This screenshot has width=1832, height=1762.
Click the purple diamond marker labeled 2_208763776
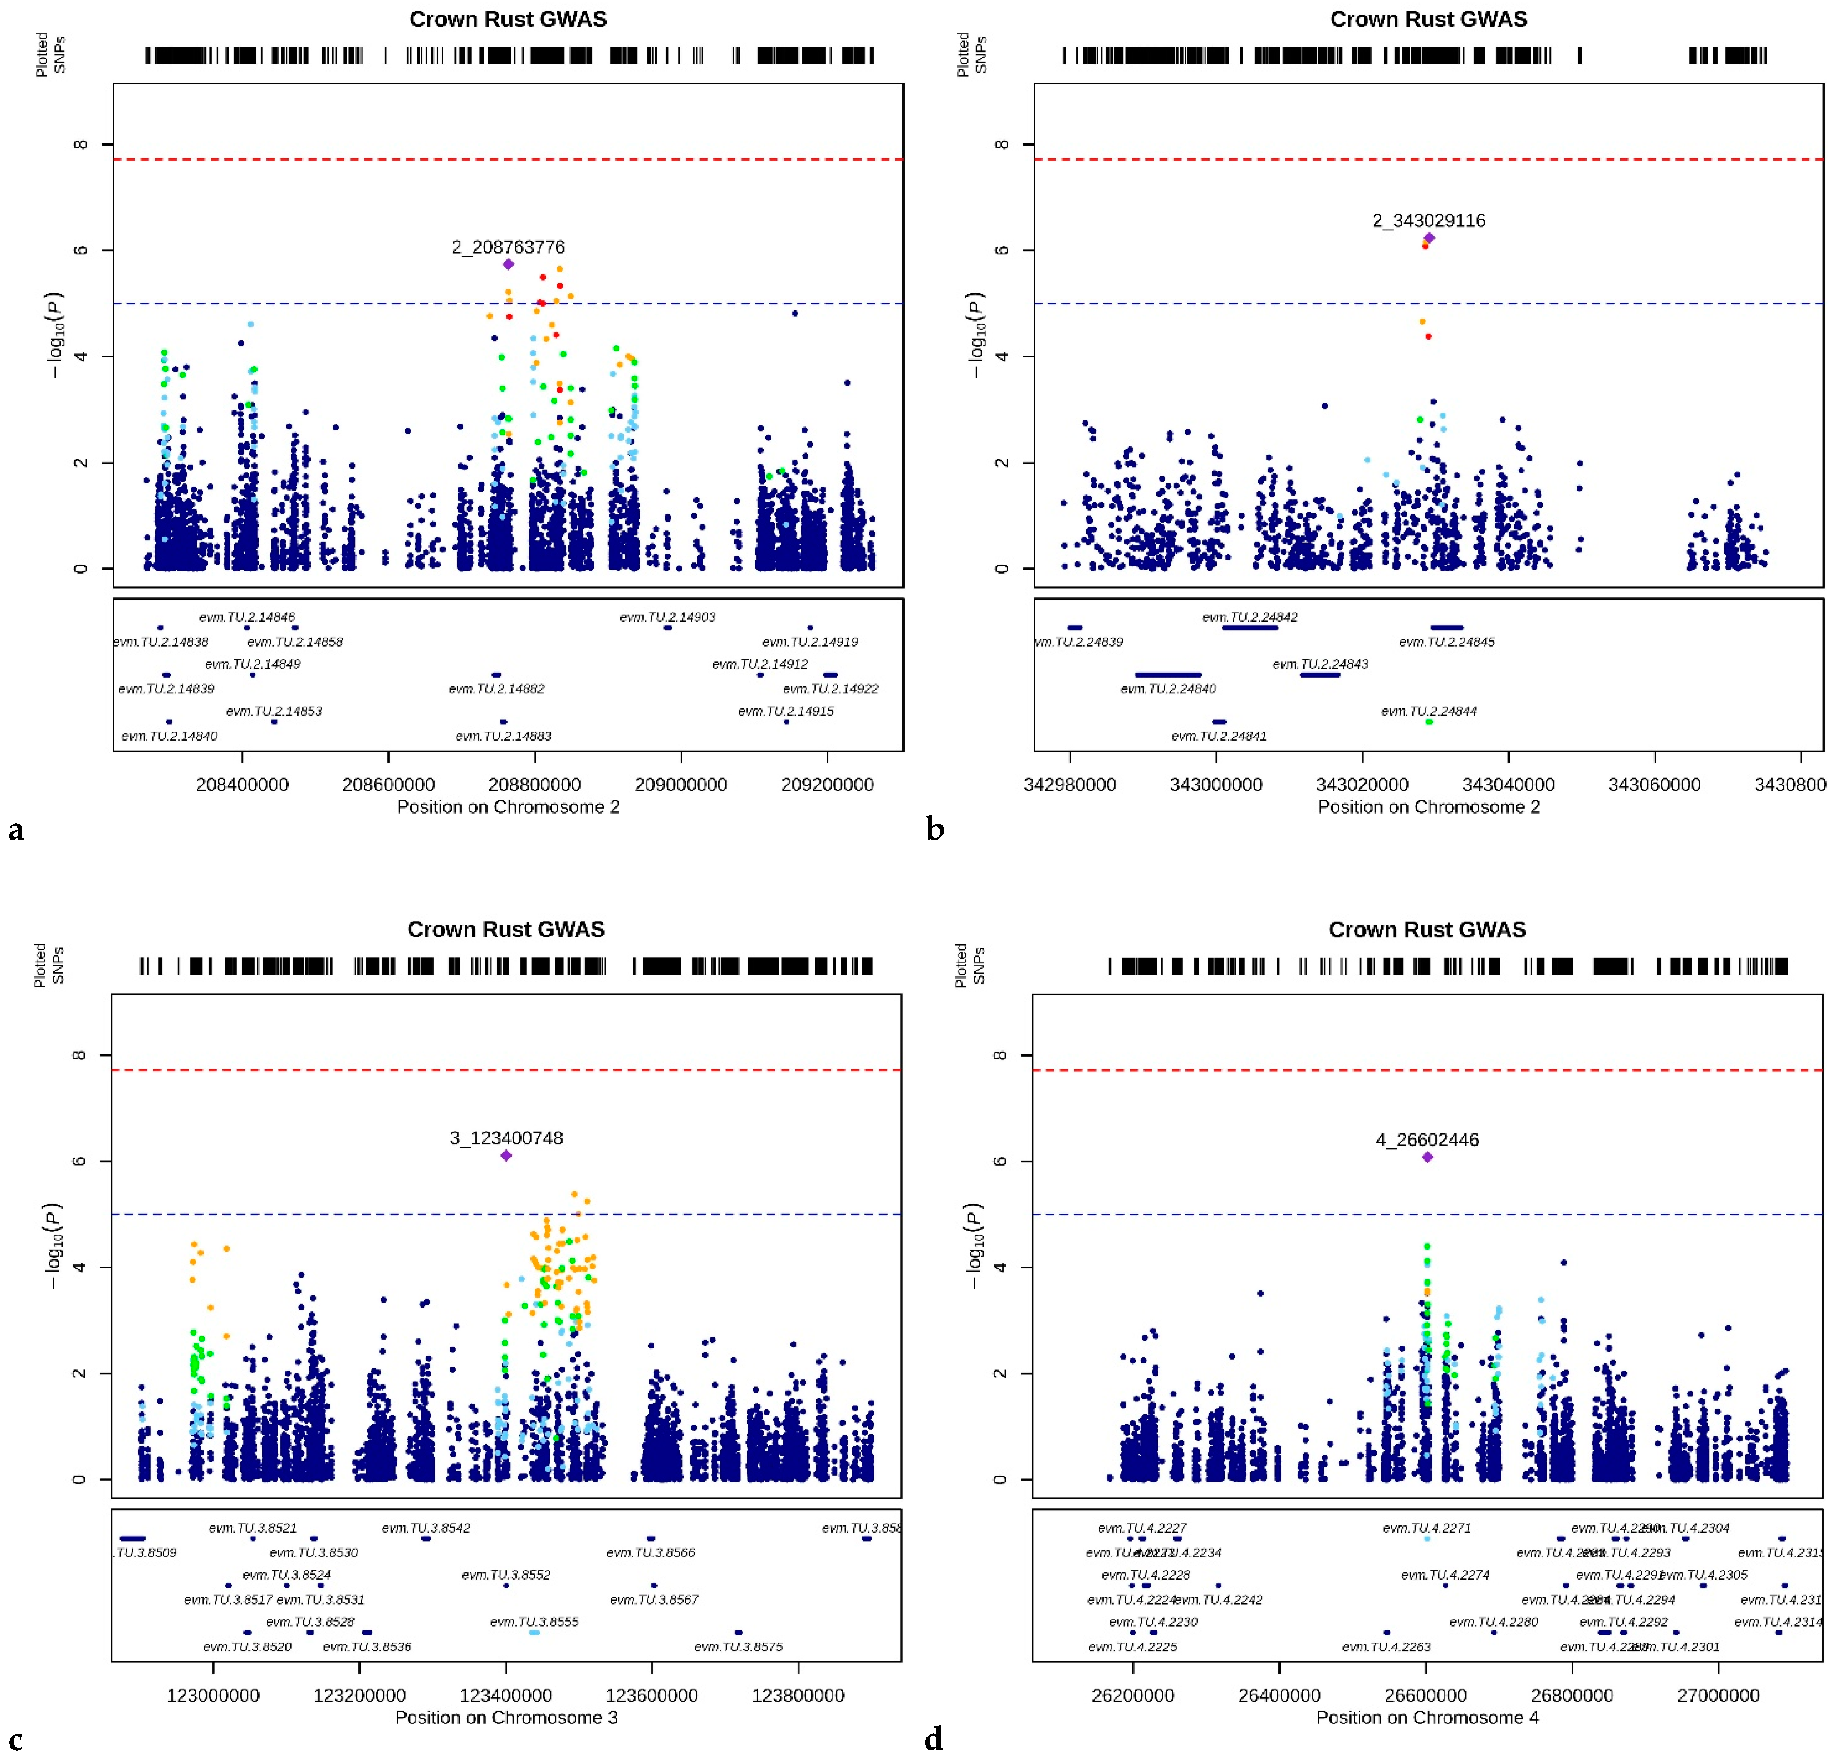(509, 264)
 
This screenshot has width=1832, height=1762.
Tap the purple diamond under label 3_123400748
(506, 1156)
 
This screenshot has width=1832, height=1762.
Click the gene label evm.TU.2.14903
(667, 617)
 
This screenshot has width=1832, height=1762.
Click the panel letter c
(15, 1740)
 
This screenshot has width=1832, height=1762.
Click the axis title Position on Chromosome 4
(1427, 1717)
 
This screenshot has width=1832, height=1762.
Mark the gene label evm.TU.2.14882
(496, 688)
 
